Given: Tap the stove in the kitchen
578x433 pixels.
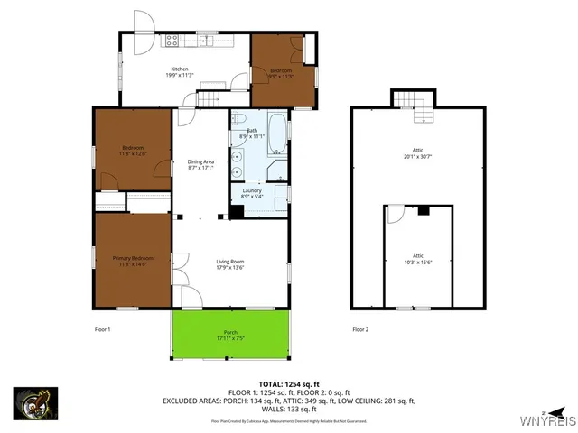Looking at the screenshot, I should tap(172, 40).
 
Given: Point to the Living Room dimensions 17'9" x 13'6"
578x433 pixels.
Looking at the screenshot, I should tap(230, 267).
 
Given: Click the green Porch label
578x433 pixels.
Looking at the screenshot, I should tap(230, 333).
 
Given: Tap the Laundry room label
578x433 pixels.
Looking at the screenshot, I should tap(253, 191).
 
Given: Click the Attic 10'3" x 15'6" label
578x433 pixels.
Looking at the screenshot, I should tap(416, 258).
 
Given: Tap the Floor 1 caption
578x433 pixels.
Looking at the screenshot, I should tap(102, 329).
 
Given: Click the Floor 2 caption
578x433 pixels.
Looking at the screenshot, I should tap(360, 329).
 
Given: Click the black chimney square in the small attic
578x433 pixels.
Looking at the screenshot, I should tap(423, 210).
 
